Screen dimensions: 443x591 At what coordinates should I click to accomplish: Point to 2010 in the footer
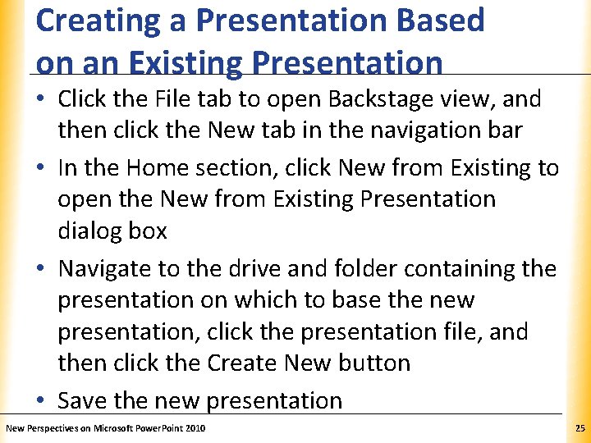[195, 429]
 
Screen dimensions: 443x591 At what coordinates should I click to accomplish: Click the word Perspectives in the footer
[53, 429]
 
